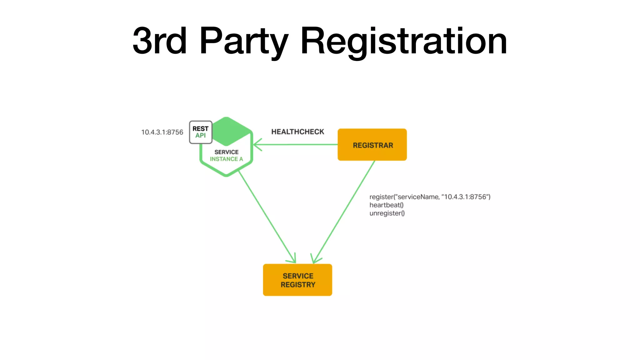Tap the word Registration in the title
403,41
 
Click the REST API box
201,132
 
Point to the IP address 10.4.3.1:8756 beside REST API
162,132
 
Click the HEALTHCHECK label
297,132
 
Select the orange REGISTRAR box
372,145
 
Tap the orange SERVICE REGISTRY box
297,280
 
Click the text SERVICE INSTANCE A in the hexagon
226,156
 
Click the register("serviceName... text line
430,197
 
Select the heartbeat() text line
386,205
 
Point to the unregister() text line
387,213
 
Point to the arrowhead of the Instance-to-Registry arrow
293,259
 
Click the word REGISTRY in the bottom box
298,285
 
